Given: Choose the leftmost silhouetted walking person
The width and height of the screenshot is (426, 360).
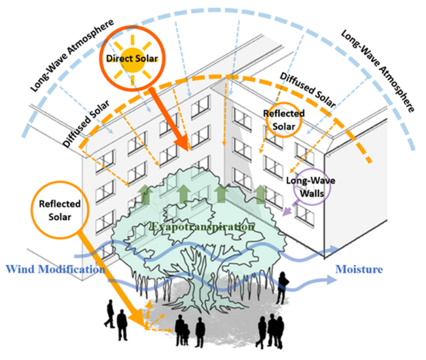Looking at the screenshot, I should pyautogui.click(x=109, y=315).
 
